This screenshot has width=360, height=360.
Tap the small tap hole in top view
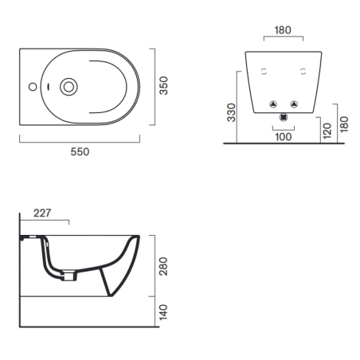[x=32, y=86]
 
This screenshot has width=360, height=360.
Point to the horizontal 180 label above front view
[x=283, y=30]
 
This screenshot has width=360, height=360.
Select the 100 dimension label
[x=283, y=136]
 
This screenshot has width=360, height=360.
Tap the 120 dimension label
[x=327, y=130]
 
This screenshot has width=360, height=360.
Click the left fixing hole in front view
[x=264, y=72]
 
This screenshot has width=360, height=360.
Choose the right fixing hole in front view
[x=302, y=72]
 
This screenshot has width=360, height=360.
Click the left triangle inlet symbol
[x=272, y=104]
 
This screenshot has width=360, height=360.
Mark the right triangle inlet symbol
[x=294, y=104]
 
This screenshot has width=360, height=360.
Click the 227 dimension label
[x=44, y=213]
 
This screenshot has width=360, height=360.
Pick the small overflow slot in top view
[x=49, y=86]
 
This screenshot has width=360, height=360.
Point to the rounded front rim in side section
[x=135, y=238]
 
